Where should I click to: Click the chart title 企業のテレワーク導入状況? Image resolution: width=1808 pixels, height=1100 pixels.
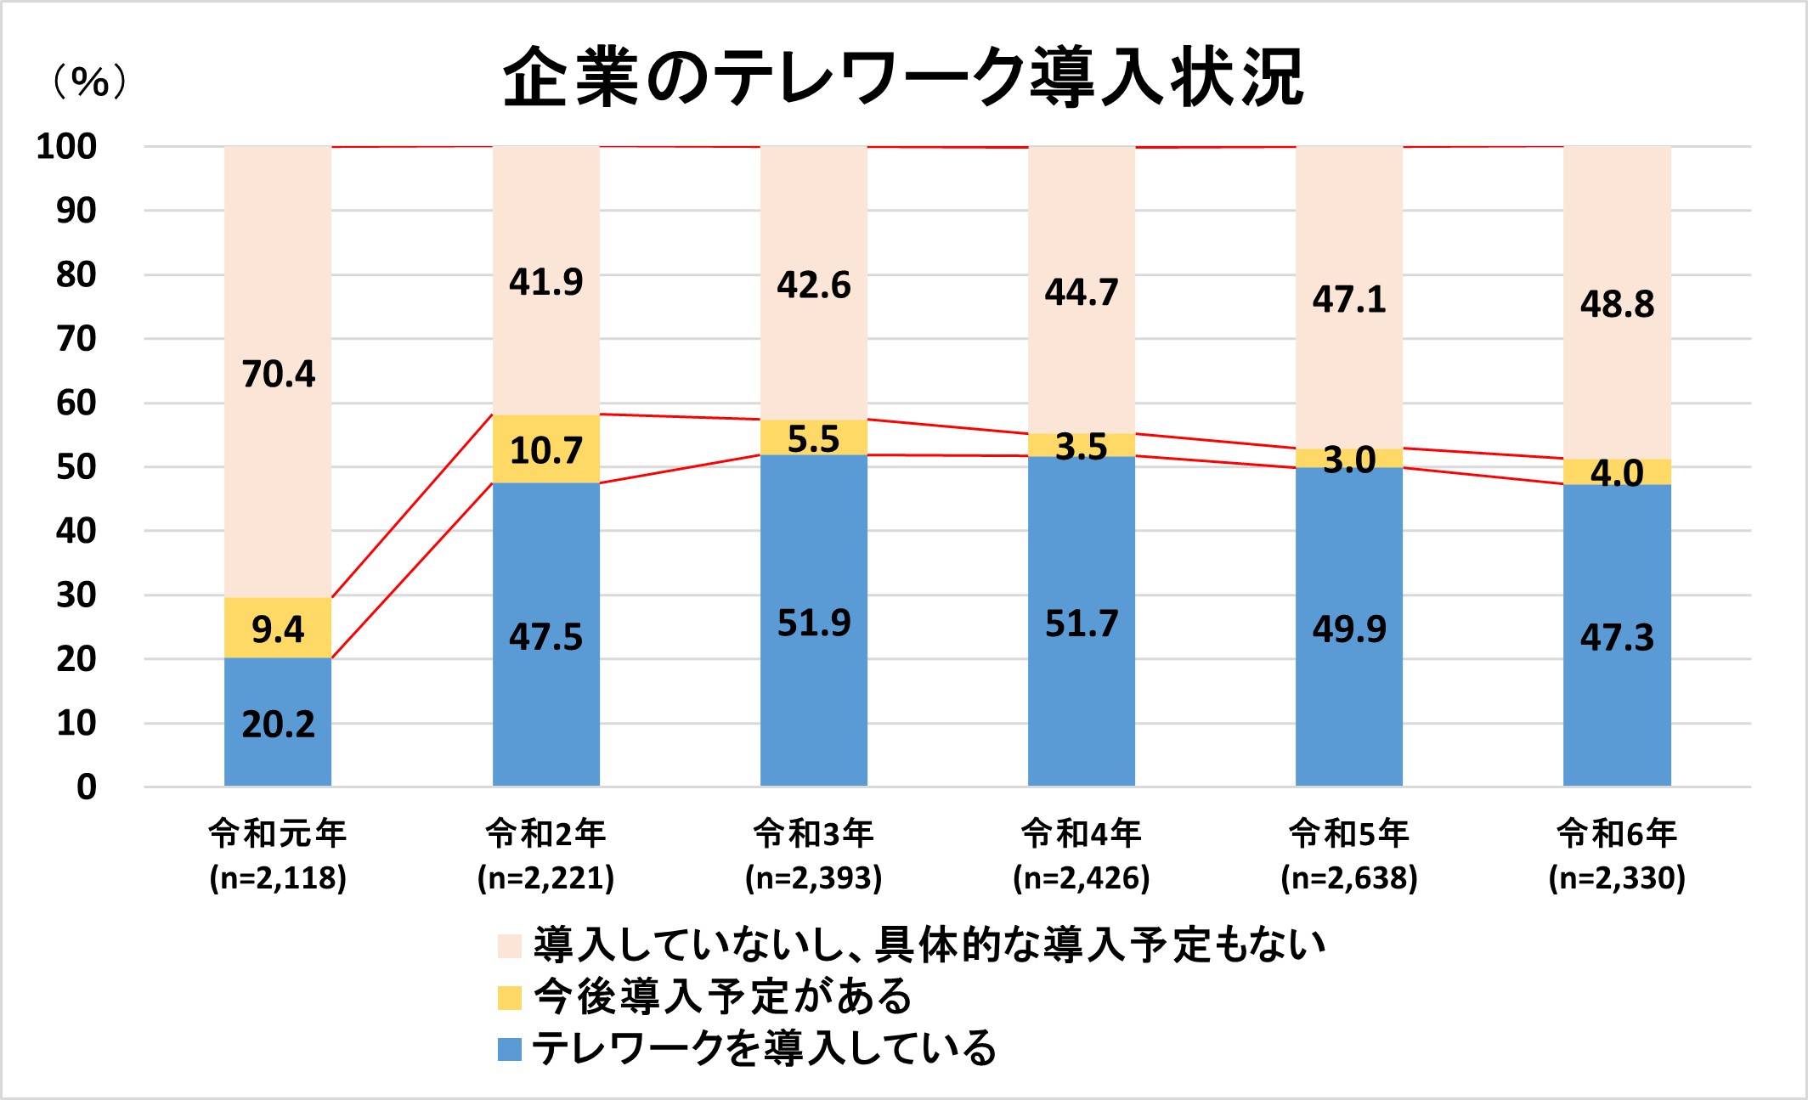click(902, 77)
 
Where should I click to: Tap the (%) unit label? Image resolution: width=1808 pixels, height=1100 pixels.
click(90, 82)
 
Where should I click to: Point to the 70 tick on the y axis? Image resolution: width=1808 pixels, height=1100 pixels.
click(76, 339)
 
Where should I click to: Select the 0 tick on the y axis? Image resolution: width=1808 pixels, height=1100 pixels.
click(86, 787)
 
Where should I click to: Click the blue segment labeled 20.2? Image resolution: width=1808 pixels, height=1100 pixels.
click(278, 724)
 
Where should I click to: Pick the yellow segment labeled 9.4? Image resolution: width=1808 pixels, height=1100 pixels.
click(278, 629)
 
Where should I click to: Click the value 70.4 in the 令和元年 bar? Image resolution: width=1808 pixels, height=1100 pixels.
click(278, 374)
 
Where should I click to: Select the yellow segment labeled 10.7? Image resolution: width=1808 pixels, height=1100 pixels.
click(546, 449)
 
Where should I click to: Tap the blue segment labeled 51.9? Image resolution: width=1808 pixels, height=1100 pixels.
click(814, 623)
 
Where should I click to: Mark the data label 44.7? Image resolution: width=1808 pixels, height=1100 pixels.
click(1082, 292)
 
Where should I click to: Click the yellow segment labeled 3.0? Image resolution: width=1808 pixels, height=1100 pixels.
click(1349, 459)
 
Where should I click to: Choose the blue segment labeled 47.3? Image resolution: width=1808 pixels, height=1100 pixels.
click(1617, 637)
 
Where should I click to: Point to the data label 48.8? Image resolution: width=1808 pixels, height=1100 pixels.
click(1617, 304)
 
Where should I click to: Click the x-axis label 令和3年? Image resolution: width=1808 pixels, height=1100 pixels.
click(814, 833)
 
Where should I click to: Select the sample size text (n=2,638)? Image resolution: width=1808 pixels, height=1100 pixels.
click(1349, 878)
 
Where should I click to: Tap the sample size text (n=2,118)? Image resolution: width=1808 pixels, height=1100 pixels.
click(278, 878)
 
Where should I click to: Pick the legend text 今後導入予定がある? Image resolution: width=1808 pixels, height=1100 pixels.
click(722, 996)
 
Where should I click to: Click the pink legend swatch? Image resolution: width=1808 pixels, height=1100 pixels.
click(509, 945)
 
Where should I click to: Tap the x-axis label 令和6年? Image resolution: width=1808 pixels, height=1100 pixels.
click(1617, 833)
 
